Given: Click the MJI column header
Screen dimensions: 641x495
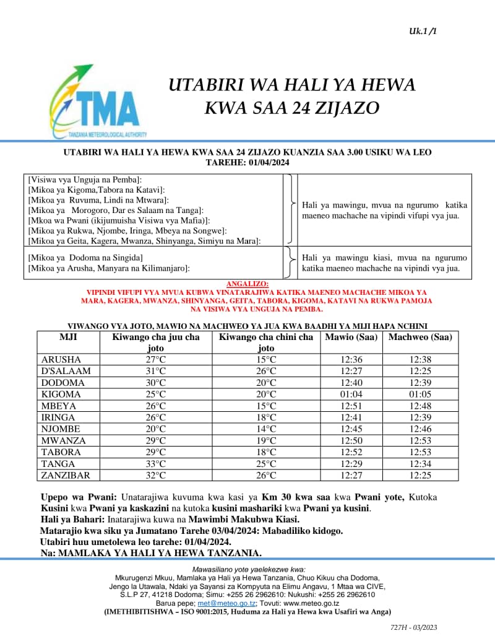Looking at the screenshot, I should point(68,338).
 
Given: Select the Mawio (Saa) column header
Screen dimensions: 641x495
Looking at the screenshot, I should point(351,338).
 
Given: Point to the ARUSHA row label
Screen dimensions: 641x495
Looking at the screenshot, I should point(60,360).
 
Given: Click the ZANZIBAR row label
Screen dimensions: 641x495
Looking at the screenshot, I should point(66,476).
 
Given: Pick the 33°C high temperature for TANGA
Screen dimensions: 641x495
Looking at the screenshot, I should point(155,464).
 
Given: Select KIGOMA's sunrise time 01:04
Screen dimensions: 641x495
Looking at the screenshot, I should point(351,395).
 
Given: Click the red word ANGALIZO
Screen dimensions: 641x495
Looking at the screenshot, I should point(247,284).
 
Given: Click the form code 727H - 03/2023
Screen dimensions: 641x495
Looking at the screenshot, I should point(414,627).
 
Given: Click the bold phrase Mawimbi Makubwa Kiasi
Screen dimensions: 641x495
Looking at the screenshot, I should point(254,520).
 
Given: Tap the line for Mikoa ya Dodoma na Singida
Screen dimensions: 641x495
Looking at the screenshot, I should point(86,257).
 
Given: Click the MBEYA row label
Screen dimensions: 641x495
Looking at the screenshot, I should point(59,406).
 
